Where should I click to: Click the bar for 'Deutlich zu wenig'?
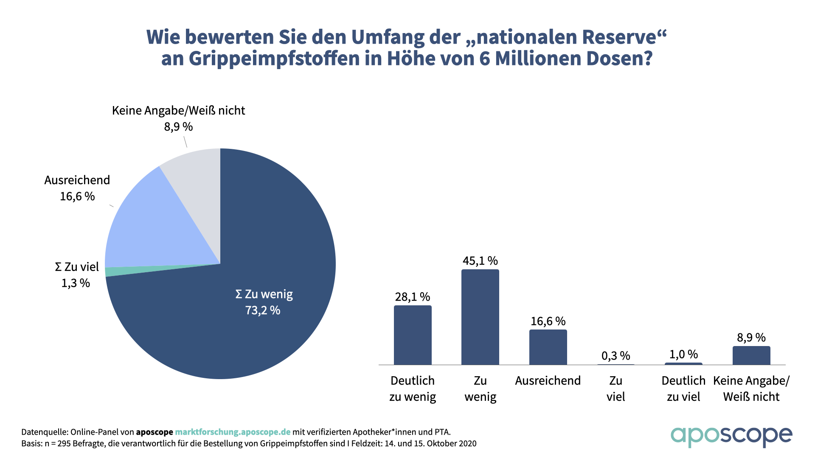(413, 335)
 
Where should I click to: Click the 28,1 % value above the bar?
(413, 297)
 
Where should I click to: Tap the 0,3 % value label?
(615, 356)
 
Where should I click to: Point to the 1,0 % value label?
(683, 354)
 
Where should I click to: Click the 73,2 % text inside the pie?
(263, 310)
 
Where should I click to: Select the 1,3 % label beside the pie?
(76, 283)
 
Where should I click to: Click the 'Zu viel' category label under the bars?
(615, 388)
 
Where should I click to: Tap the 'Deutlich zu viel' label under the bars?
(683, 388)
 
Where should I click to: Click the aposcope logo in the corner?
(731, 436)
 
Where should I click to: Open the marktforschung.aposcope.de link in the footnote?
(233, 432)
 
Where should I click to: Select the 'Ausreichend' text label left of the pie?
(77, 180)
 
